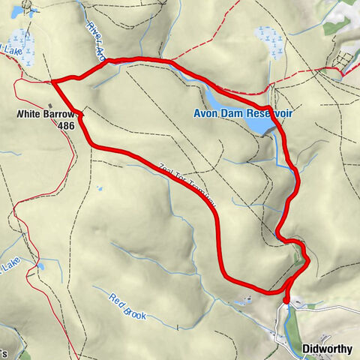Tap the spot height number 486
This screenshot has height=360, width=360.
[x=65, y=126]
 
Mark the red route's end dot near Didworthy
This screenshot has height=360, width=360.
[x=286, y=301]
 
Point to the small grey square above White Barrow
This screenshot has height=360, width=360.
[x=51, y=105]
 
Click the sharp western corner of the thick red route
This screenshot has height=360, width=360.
[x=52, y=81]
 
